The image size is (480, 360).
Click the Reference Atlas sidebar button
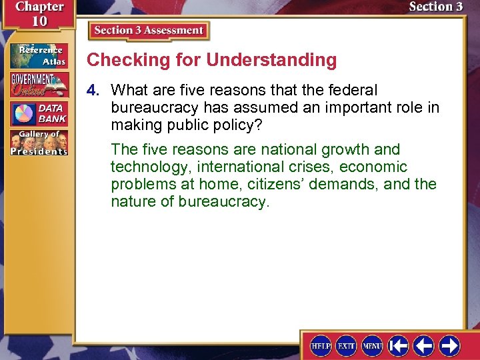click(38, 55)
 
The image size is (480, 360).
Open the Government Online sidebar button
click(38, 85)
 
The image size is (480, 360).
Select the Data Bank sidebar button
click(38, 114)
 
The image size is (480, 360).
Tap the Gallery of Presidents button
click(38, 143)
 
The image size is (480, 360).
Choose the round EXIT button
click(347, 345)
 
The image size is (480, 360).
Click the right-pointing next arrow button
click(449, 345)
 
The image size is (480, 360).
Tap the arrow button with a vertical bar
click(398, 345)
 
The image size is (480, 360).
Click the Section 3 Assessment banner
click(149, 31)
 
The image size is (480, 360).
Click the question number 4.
click(95, 90)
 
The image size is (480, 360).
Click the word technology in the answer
click(150, 167)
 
